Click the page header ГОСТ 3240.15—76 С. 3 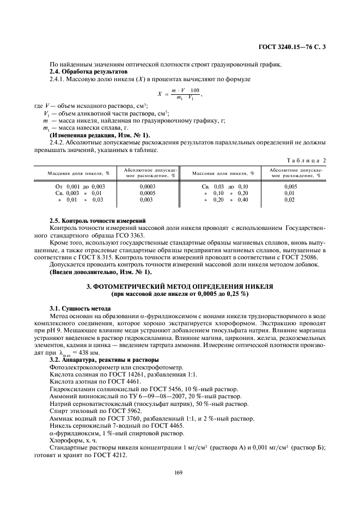pyautogui.click(x=294, y=47)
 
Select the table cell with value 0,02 pyautogui.click(x=290, y=200)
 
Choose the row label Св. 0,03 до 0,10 pyautogui.click(x=224, y=186)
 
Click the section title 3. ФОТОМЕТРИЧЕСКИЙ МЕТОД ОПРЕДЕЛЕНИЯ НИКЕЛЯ pyautogui.click(x=180, y=286)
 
